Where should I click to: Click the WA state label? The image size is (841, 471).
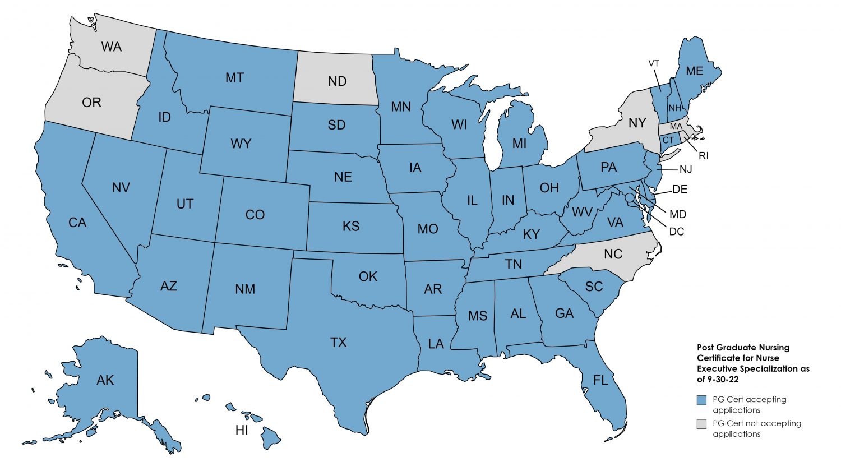(112, 47)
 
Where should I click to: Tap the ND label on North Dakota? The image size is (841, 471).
(337, 81)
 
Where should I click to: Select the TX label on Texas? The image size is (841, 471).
(338, 342)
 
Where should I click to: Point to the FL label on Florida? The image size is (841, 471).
(600, 381)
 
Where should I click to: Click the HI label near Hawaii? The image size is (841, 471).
(242, 431)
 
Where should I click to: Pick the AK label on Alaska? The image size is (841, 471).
(105, 380)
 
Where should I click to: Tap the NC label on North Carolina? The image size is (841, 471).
(613, 254)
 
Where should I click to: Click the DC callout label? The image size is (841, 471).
(677, 232)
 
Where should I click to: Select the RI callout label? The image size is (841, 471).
(703, 156)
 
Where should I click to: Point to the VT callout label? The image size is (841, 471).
(654, 63)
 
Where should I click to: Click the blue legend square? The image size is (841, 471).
(701, 400)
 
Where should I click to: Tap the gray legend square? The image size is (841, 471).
(701, 424)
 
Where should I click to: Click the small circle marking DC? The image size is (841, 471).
(630, 197)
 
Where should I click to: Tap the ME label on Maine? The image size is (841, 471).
(694, 71)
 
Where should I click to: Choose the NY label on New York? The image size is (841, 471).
(637, 123)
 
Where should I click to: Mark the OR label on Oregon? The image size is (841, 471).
(91, 103)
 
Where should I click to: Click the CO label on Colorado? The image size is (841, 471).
(255, 215)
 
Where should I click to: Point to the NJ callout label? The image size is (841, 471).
(686, 169)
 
